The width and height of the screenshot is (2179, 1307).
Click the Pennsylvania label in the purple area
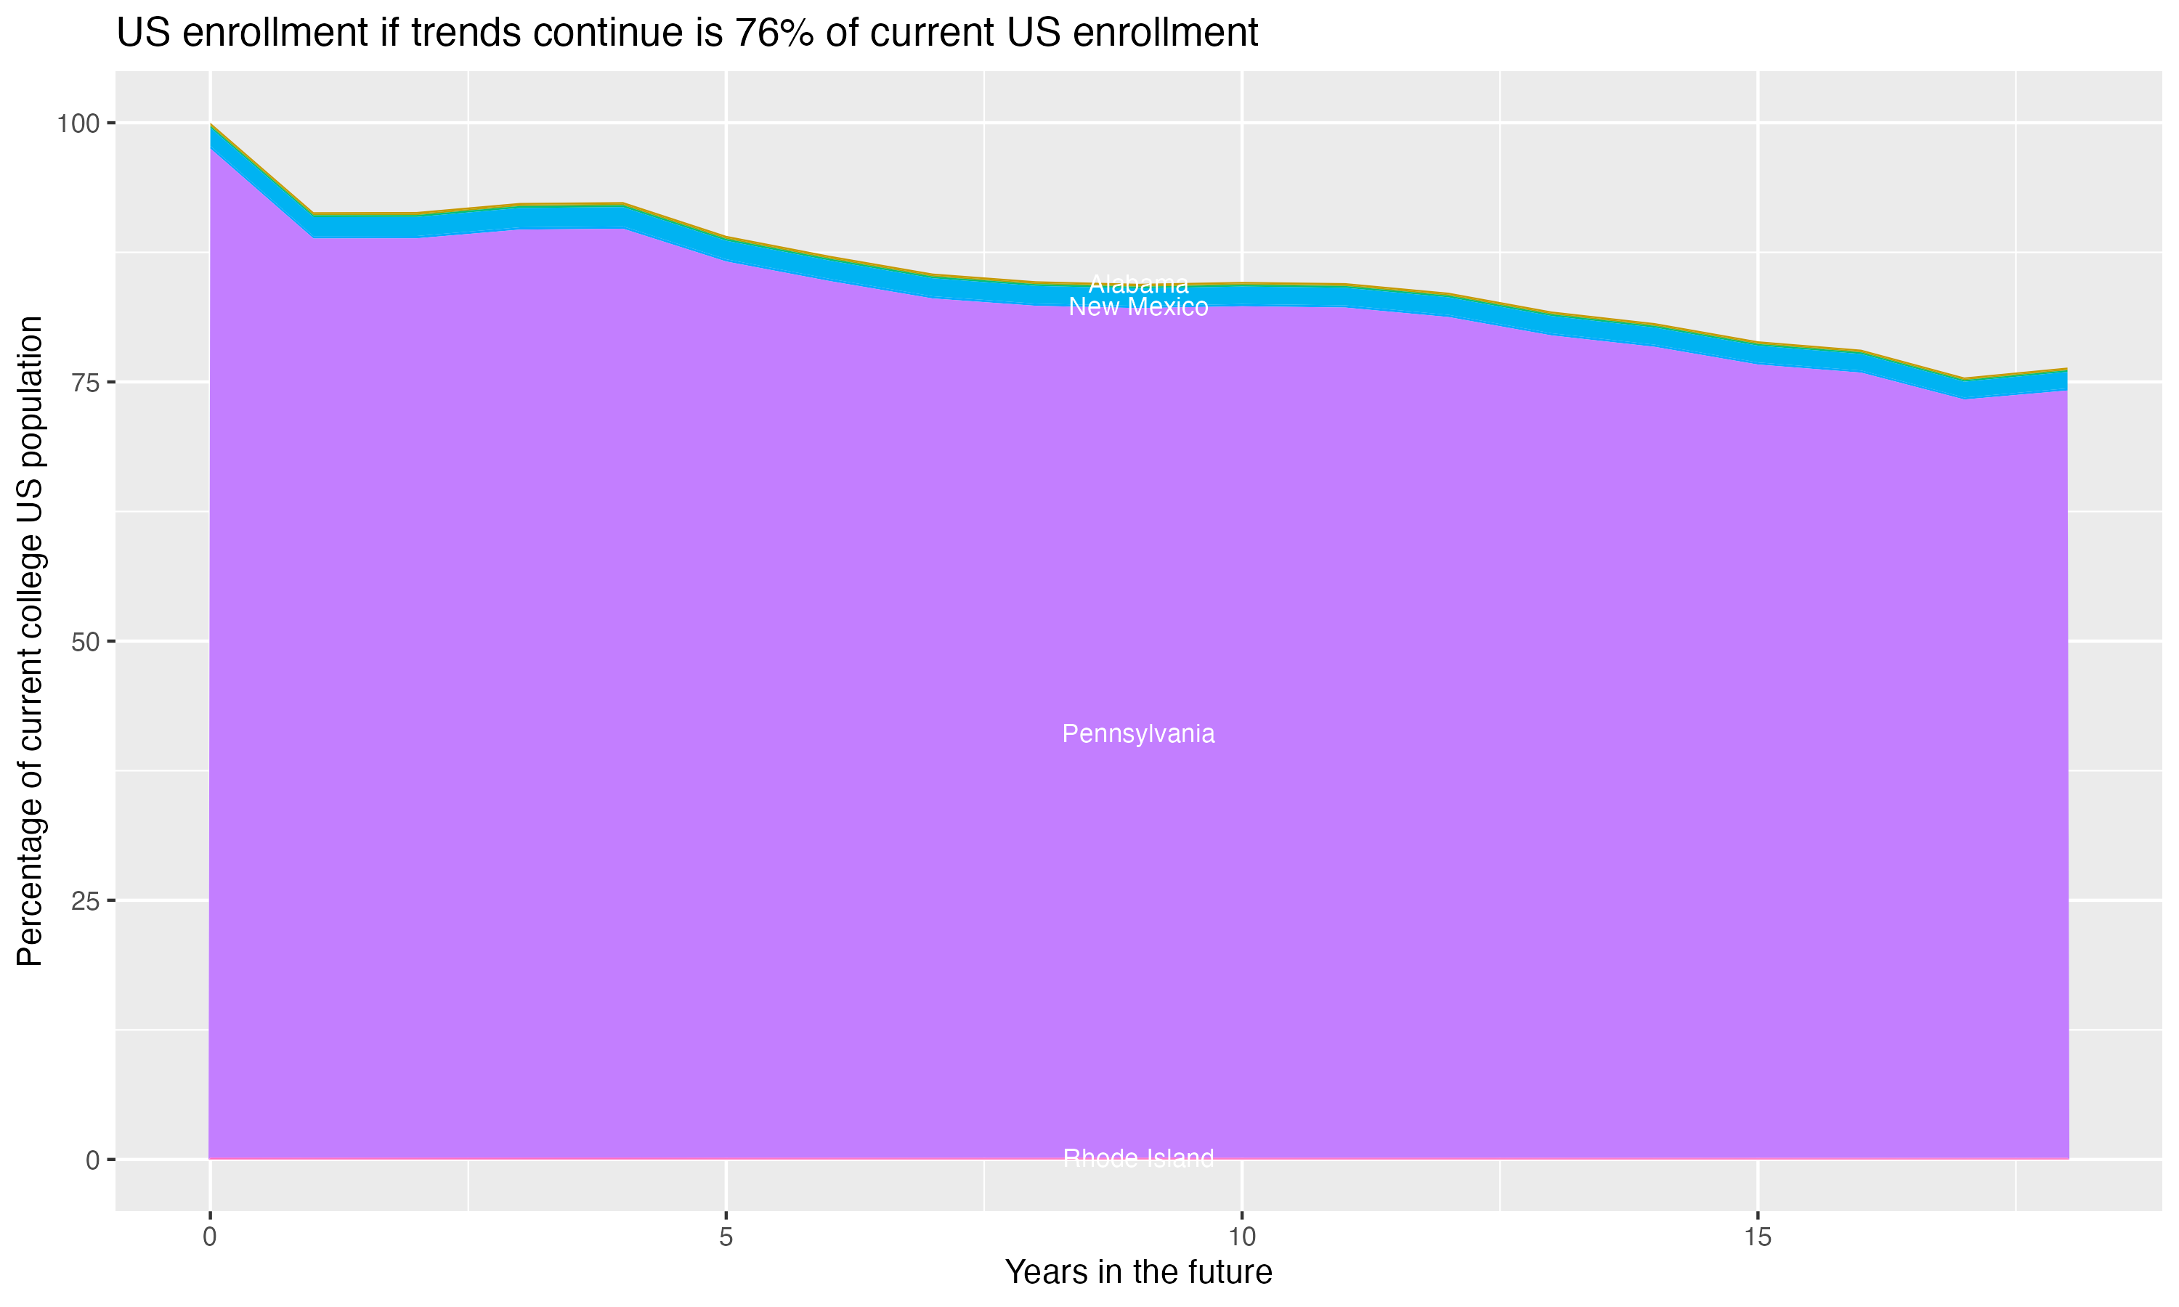pyautogui.click(x=1138, y=733)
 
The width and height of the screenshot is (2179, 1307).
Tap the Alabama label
pyautogui.click(x=1138, y=285)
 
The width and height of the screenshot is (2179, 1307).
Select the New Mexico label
pyautogui.click(x=1138, y=307)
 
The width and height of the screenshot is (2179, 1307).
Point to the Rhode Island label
pyautogui.click(x=1138, y=1158)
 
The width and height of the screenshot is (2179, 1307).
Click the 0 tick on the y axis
pyautogui.click(x=92, y=1160)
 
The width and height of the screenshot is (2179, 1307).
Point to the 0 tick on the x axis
pyautogui.click(x=210, y=1237)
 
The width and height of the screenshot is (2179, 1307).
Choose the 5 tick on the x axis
pyautogui.click(x=726, y=1237)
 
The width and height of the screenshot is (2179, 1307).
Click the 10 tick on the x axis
pyautogui.click(x=1242, y=1237)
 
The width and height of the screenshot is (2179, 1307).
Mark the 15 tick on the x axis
pyautogui.click(x=1758, y=1237)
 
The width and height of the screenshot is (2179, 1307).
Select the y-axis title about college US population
pyautogui.click(x=30, y=641)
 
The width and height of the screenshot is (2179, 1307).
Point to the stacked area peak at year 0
pyautogui.click(x=211, y=125)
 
